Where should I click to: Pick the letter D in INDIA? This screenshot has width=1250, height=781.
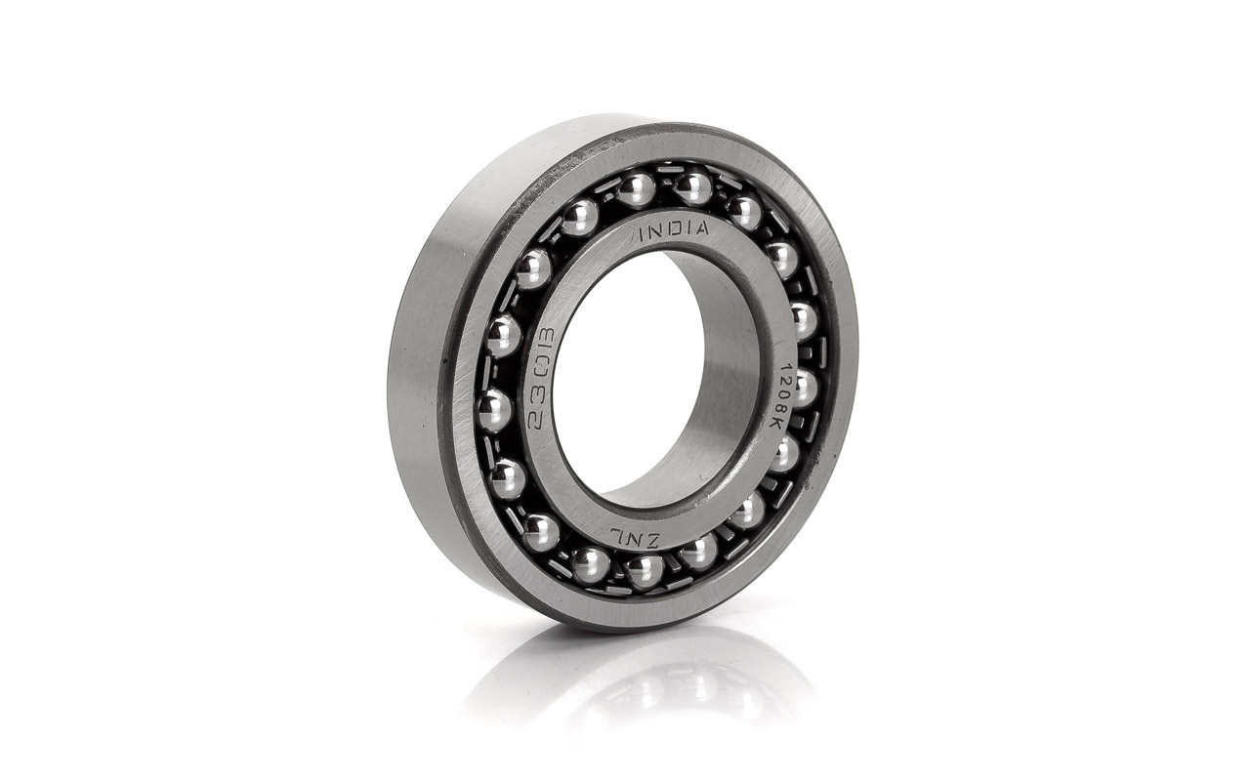tap(674, 231)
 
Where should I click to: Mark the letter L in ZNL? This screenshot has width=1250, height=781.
tap(618, 534)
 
